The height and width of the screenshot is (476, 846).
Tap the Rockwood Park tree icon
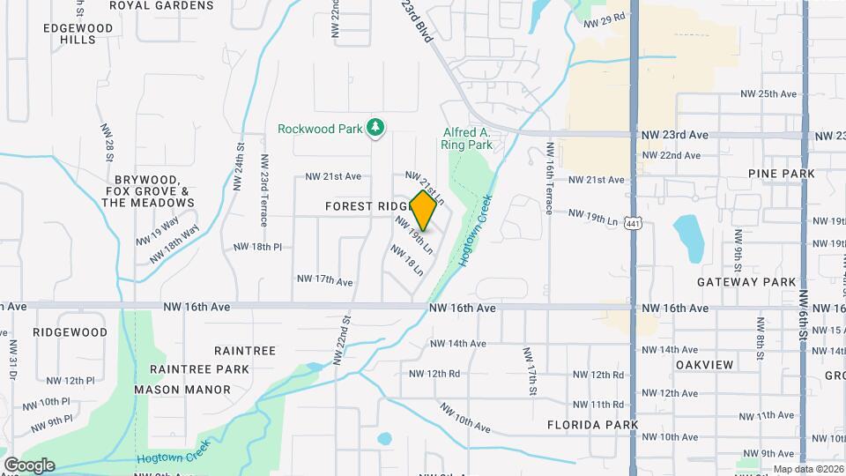click(376, 128)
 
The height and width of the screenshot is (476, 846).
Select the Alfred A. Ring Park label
click(467, 138)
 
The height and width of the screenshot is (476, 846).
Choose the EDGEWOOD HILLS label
click(79, 33)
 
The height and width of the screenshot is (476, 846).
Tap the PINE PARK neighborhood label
click(781, 174)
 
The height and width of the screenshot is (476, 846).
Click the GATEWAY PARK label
click(746, 282)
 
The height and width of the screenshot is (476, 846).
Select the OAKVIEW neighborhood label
click(705, 364)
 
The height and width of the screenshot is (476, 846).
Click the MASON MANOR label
click(182, 389)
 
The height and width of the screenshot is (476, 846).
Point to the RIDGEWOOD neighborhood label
click(70, 332)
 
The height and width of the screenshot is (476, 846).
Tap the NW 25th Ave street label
click(768, 93)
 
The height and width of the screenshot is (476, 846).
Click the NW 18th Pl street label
click(256, 247)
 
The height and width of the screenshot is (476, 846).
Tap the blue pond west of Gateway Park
click(689, 238)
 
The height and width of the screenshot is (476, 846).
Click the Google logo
click(29, 465)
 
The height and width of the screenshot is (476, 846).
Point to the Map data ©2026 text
click(808, 469)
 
